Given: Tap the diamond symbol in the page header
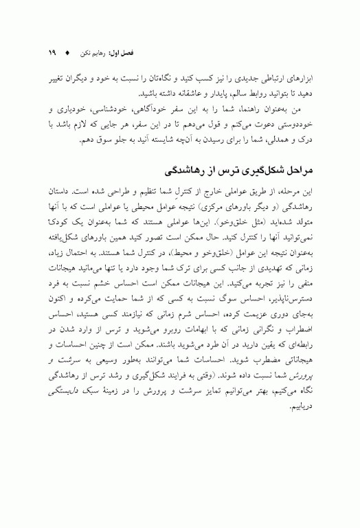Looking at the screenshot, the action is pyautogui.click(x=67, y=52).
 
